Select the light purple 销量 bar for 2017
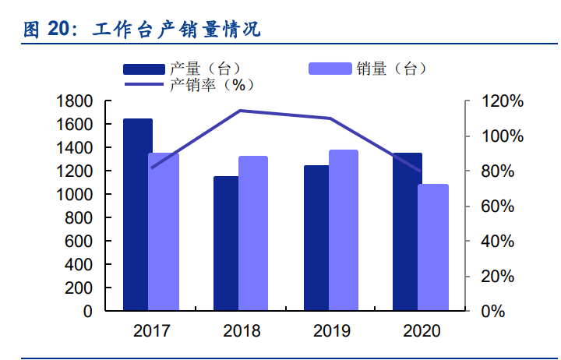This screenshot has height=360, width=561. click(x=164, y=231)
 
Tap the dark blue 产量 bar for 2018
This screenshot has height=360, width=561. click(x=227, y=243)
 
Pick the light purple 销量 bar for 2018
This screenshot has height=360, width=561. click(x=253, y=234)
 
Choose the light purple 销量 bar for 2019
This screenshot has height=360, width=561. click(x=343, y=231)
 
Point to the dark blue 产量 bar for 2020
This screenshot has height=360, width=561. click(x=407, y=231)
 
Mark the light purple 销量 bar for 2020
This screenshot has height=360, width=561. click(x=433, y=248)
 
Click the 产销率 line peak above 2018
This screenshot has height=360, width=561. click(x=240, y=111)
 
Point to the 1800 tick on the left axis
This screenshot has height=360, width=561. click(x=75, y=101)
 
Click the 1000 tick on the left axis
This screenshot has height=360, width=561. click(x=75, y=195)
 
